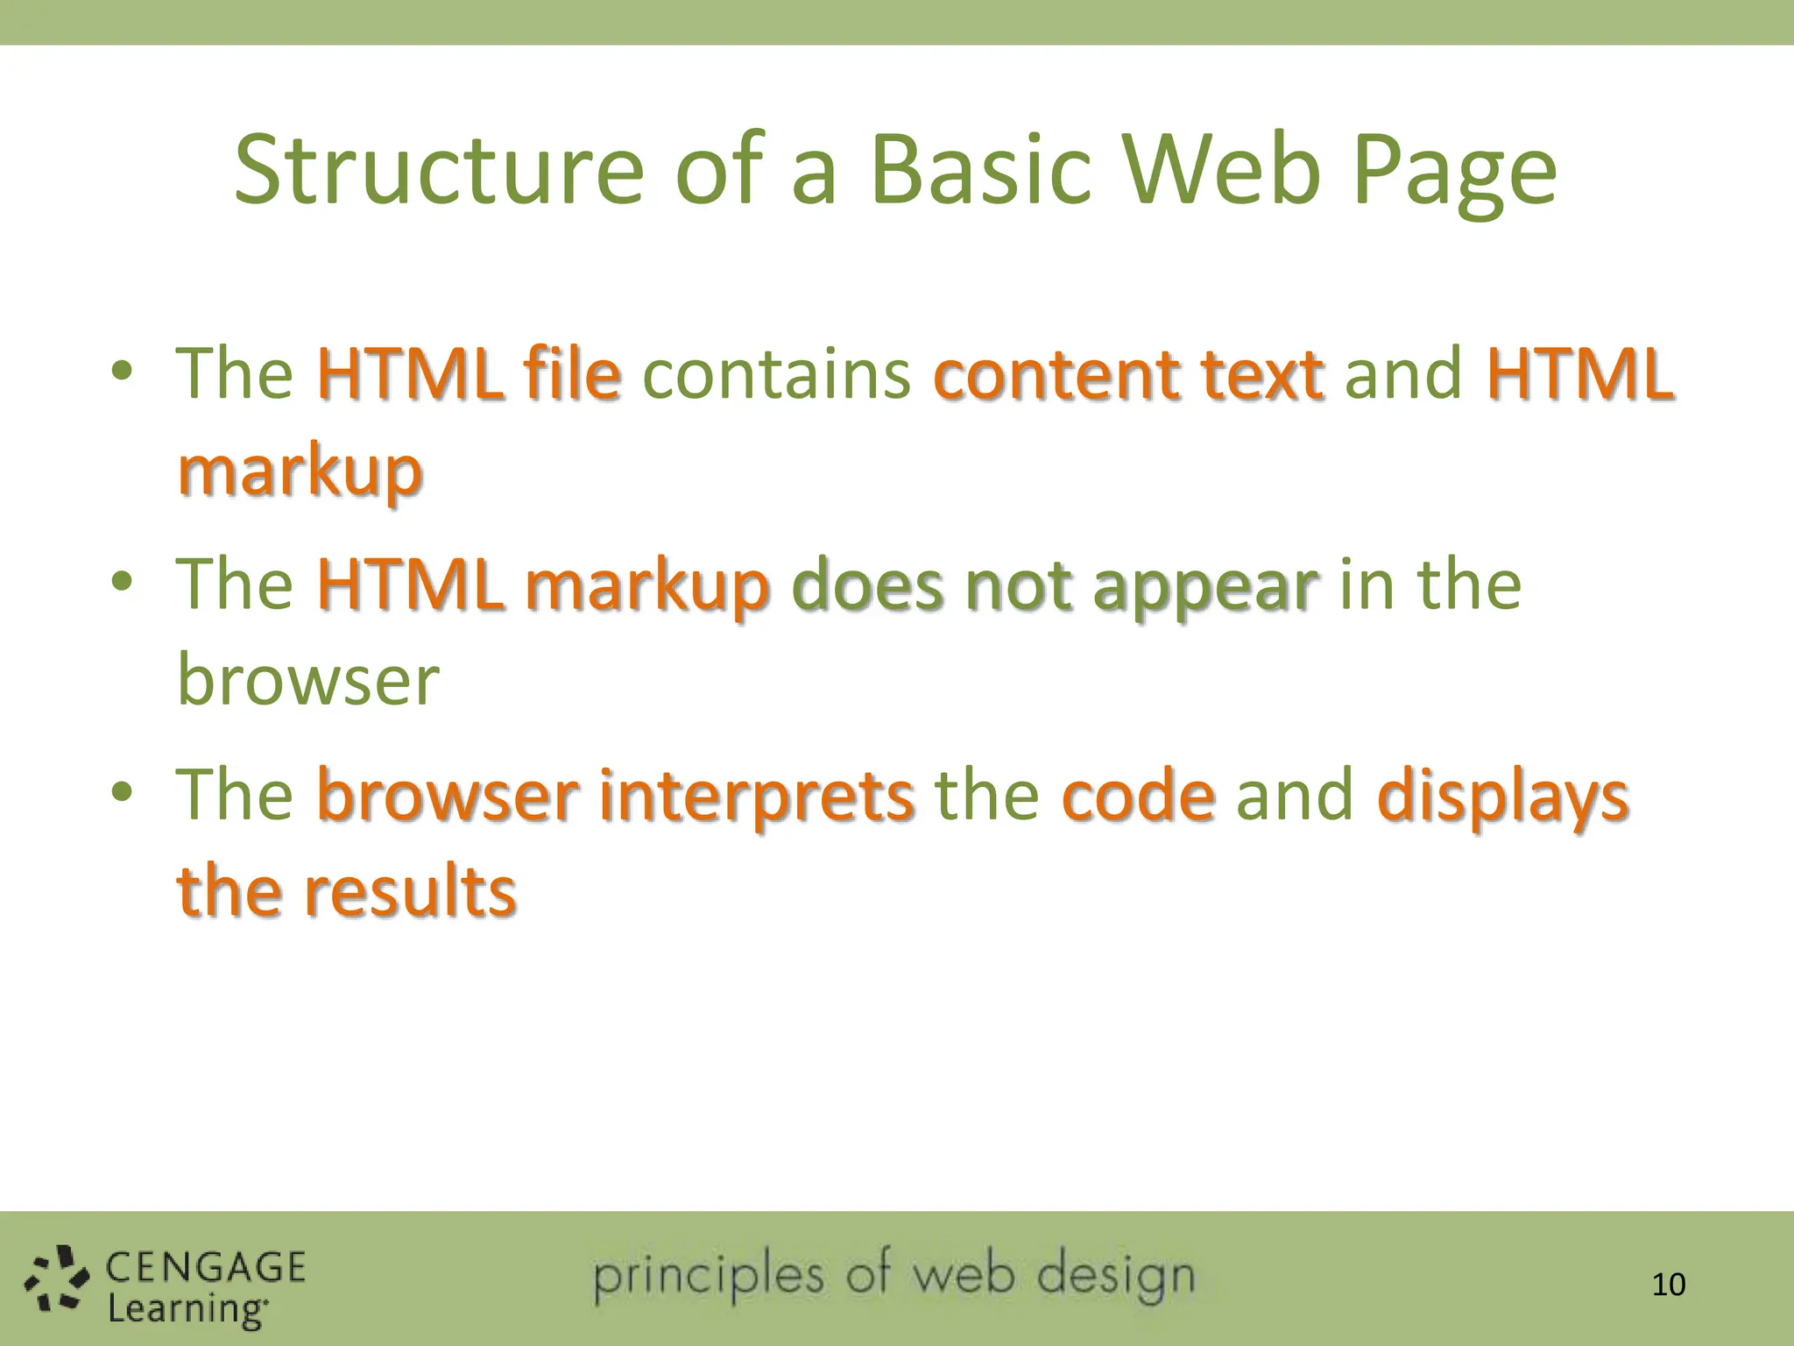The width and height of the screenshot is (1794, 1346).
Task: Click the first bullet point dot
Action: (122, 372)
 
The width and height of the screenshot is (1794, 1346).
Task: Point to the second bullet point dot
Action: (122, 582)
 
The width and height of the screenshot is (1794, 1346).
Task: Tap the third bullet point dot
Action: (122, 792)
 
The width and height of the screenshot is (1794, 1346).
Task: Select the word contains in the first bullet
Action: (776, 375)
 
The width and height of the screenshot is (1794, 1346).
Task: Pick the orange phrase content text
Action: (1128, 375)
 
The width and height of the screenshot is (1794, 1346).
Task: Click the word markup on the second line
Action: (300, 473)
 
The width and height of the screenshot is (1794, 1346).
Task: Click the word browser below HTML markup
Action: (307, 680)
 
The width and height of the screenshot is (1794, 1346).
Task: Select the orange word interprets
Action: (756, 796)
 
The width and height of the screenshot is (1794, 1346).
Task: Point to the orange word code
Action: (1138, 796)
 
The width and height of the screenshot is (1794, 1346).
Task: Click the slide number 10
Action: (1668, 1285)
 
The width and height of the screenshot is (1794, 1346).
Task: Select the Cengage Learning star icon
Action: (56, 1278)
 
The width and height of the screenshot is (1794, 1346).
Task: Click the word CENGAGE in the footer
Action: (205, 1267)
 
